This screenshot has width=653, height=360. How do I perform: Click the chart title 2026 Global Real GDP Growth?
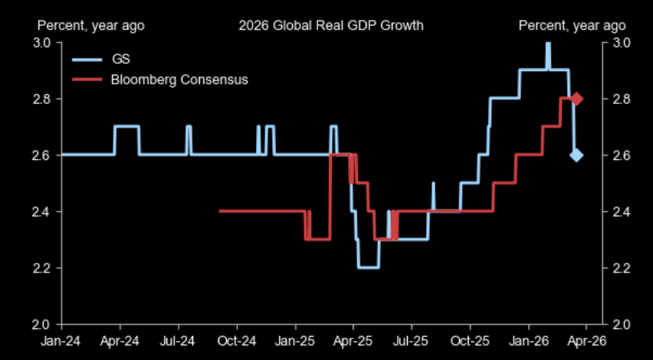click(330, 26)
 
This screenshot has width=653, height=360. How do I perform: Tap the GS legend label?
click(120, 59)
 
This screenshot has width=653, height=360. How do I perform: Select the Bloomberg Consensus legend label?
click(179, 80)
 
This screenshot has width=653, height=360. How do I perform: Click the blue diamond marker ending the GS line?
click(576, 155)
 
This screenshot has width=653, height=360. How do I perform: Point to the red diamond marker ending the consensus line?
click(576, 98)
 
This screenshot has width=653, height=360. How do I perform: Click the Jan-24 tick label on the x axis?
click(61, 340)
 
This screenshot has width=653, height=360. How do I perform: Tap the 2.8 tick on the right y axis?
click(622, 99)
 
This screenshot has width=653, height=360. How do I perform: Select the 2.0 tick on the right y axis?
click(622, 325)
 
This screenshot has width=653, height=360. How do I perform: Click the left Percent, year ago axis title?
click(91, 26)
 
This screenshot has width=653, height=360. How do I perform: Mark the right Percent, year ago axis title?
click(572, 26)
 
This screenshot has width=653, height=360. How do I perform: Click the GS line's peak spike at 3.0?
click(547, 45)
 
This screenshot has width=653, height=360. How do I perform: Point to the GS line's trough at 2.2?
click(368, 267)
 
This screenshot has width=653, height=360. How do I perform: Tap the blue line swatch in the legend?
click(88, 59)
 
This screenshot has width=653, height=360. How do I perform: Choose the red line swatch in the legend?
click(88, 80)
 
